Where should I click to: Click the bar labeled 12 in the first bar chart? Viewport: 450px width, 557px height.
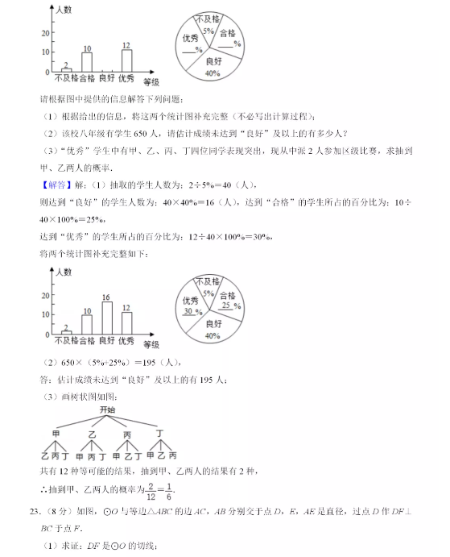(126, 61)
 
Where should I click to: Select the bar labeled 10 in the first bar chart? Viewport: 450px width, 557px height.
(87, 62)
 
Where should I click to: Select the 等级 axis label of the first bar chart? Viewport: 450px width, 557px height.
(151, 81)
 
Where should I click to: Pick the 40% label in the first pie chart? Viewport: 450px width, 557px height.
(213, 73)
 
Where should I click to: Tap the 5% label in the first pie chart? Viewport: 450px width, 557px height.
(208, 31)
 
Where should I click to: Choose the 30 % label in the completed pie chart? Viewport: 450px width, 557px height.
(192, 311)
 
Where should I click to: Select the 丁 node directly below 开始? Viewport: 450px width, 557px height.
(160, 433)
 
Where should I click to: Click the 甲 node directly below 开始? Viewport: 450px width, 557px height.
(56, 434)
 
